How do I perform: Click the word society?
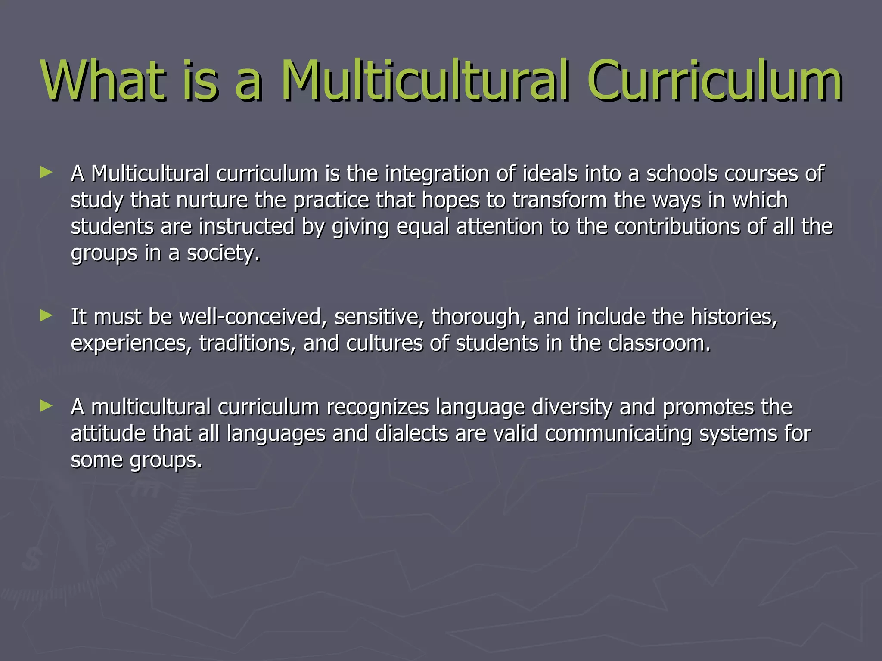coord(223,253)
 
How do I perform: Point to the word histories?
coord(734,317)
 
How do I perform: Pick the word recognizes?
coord(378,407)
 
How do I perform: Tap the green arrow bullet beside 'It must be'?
coord(46,316)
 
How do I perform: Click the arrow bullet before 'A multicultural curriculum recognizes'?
coord(46,406)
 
